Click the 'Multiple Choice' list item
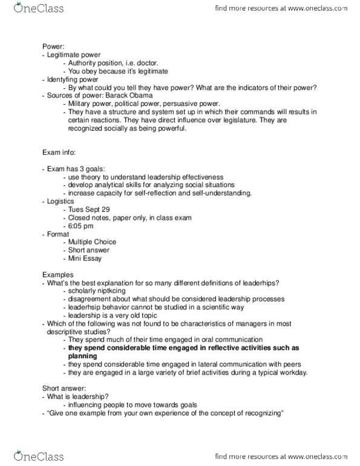(92, 241)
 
